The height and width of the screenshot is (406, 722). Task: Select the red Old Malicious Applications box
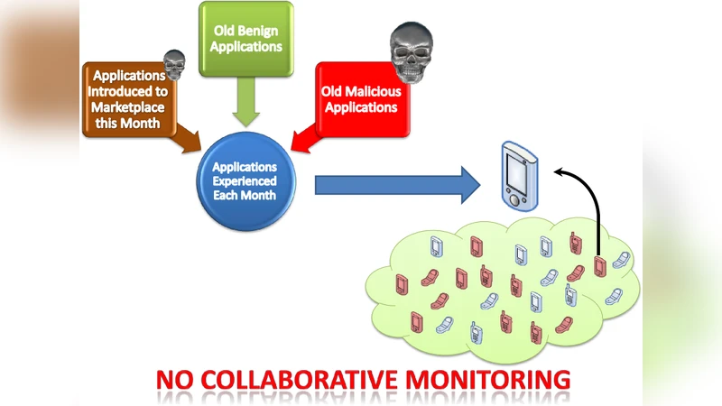pyautogui.click(x=358, y=99)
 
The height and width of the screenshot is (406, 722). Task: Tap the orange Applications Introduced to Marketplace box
pyautogui.click(x=128, y=99)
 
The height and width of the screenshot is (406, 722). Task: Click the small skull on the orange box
pyautogui.click(x=174, y=62)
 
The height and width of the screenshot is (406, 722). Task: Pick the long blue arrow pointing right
pyautogui.click(x=397, y=185)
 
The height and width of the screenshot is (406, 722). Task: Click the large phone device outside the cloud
pyautogui.click(x=520, y=173)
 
